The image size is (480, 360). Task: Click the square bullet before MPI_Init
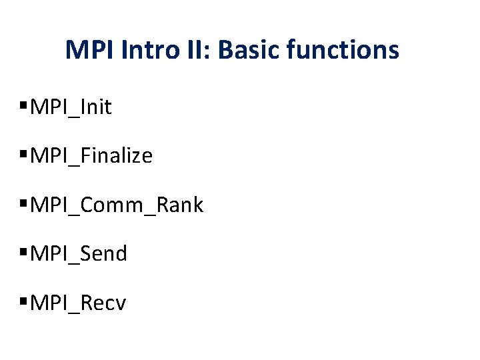25,106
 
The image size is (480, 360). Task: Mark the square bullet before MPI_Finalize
25,155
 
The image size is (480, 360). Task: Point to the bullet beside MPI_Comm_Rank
25,205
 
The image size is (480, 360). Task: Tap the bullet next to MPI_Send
25,253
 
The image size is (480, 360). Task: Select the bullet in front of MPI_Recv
25,303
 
